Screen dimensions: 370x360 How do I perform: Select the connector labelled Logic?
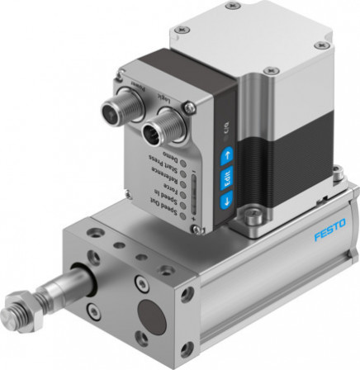click(156, 129)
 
